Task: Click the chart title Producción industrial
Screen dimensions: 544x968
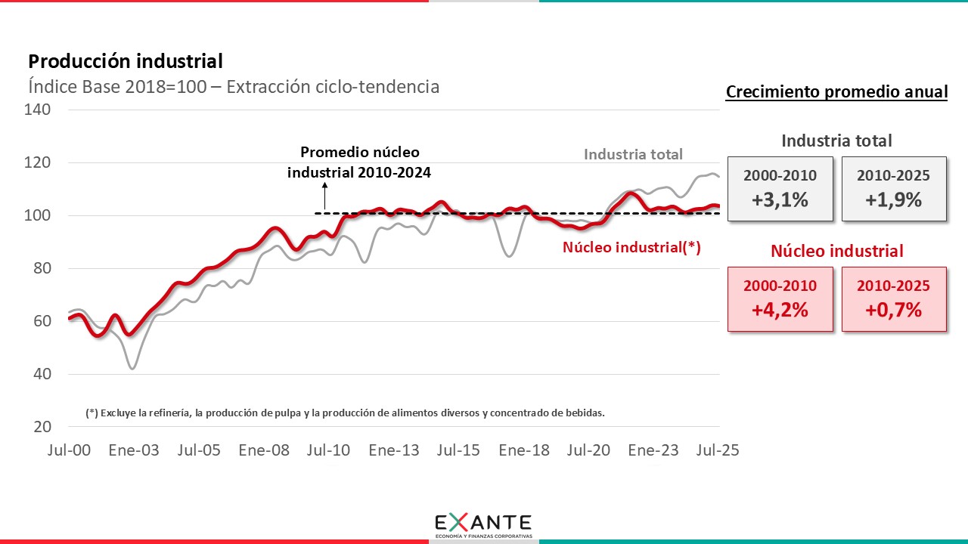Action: coord(126,61)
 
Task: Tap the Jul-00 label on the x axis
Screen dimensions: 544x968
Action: coord(69,450)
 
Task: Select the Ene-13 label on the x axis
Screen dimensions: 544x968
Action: coord(394,450)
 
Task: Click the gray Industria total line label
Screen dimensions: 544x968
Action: coord(633,154)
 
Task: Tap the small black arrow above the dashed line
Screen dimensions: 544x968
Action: coord(324,196)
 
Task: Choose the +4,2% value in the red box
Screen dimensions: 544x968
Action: coord(780,309)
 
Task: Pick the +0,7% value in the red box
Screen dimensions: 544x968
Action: coord(894,309)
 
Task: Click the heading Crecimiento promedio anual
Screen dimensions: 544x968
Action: coord(836,92)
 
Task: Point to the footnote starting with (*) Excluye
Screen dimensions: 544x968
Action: coord(346,413)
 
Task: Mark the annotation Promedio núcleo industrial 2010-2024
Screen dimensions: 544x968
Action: coord(359,162)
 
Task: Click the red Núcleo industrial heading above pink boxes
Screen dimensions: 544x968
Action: coord(836,251)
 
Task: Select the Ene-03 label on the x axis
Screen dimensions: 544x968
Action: coord(134,450)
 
